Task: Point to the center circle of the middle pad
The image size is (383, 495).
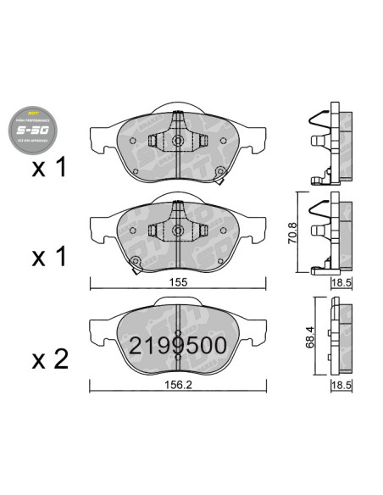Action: point(177,229)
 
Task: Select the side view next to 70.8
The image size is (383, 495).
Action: point(328,232)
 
